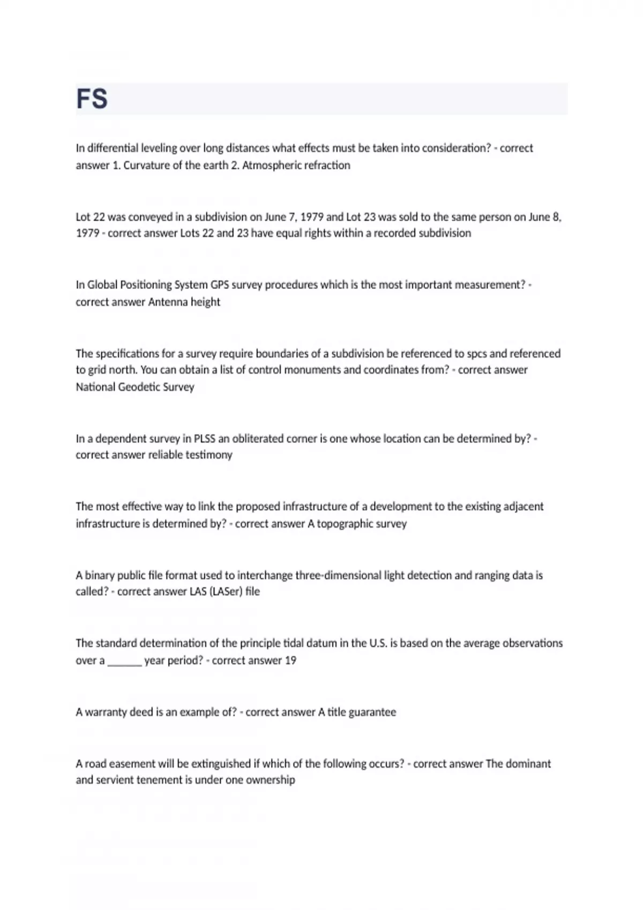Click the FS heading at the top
click(92, 99)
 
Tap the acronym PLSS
click(204, 438)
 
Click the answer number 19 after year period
click(290, 661)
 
